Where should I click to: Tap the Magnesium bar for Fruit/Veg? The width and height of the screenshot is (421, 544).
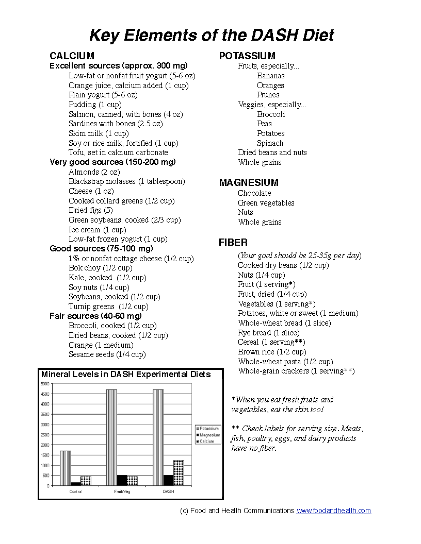[x=122, y=480]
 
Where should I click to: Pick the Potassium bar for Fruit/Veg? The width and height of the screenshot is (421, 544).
[x=111, y=437]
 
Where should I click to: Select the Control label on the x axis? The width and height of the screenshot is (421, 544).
[x=75, y=491]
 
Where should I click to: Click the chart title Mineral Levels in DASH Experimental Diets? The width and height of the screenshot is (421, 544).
[x=126, y=375]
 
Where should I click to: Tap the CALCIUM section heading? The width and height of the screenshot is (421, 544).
[x=72, y=56]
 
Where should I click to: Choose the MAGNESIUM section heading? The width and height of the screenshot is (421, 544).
[x=249, y=182]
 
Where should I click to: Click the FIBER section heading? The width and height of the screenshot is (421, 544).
[x=233, y=242]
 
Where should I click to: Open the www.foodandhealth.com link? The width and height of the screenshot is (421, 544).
[x=333, y=511]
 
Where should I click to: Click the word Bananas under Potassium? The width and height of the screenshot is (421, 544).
[x=271, y=76]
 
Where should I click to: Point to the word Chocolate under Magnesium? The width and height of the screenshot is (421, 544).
[x=254, y=193]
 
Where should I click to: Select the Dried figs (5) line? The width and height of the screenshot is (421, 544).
[x=91, y=210]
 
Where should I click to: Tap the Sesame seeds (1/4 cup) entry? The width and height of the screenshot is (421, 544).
[x=107, y=354]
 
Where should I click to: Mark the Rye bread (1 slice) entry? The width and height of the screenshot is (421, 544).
[x=268, y=333]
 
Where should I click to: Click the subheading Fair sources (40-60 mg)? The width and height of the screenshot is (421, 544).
[x=95, y=316]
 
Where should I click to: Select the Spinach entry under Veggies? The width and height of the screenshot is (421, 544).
[x=270, y=143]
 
